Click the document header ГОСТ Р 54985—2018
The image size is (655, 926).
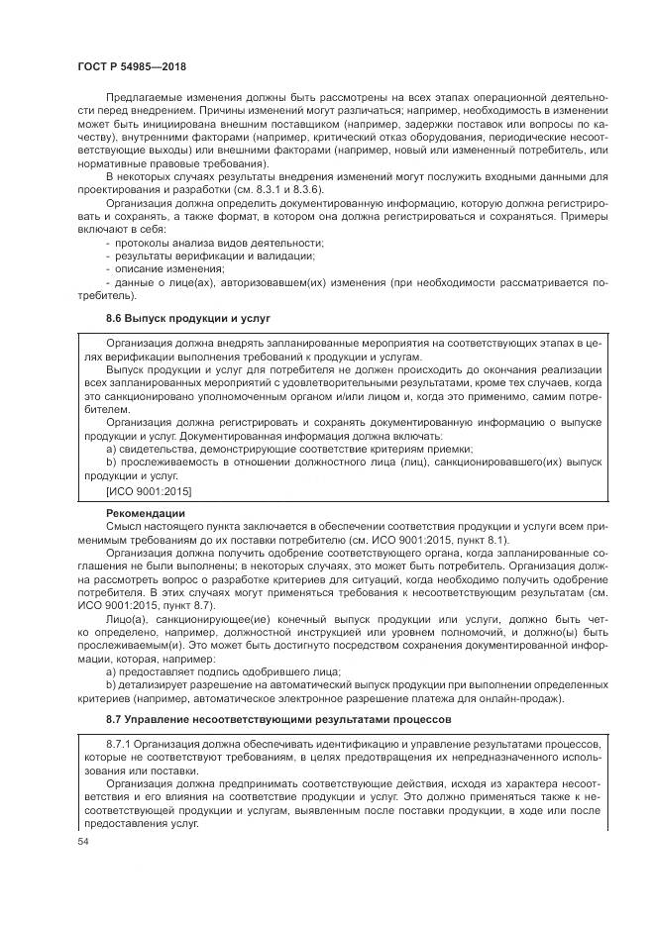132,65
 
